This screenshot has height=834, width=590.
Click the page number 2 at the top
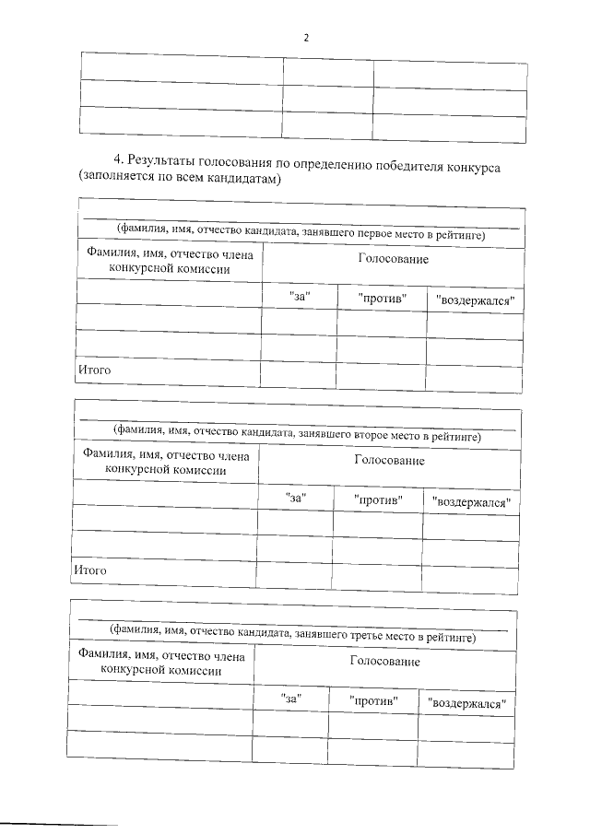point(305,38)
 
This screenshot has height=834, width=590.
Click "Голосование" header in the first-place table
point(394,260)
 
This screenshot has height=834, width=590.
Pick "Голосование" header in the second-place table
point(389,460)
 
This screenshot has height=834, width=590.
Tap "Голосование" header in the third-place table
point(384,661)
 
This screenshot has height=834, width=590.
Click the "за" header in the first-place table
point(299,298)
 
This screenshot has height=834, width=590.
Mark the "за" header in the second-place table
point(296,499)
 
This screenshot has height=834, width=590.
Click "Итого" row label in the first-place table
point(94,370)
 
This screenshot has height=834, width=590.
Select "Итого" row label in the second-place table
point(90,570)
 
